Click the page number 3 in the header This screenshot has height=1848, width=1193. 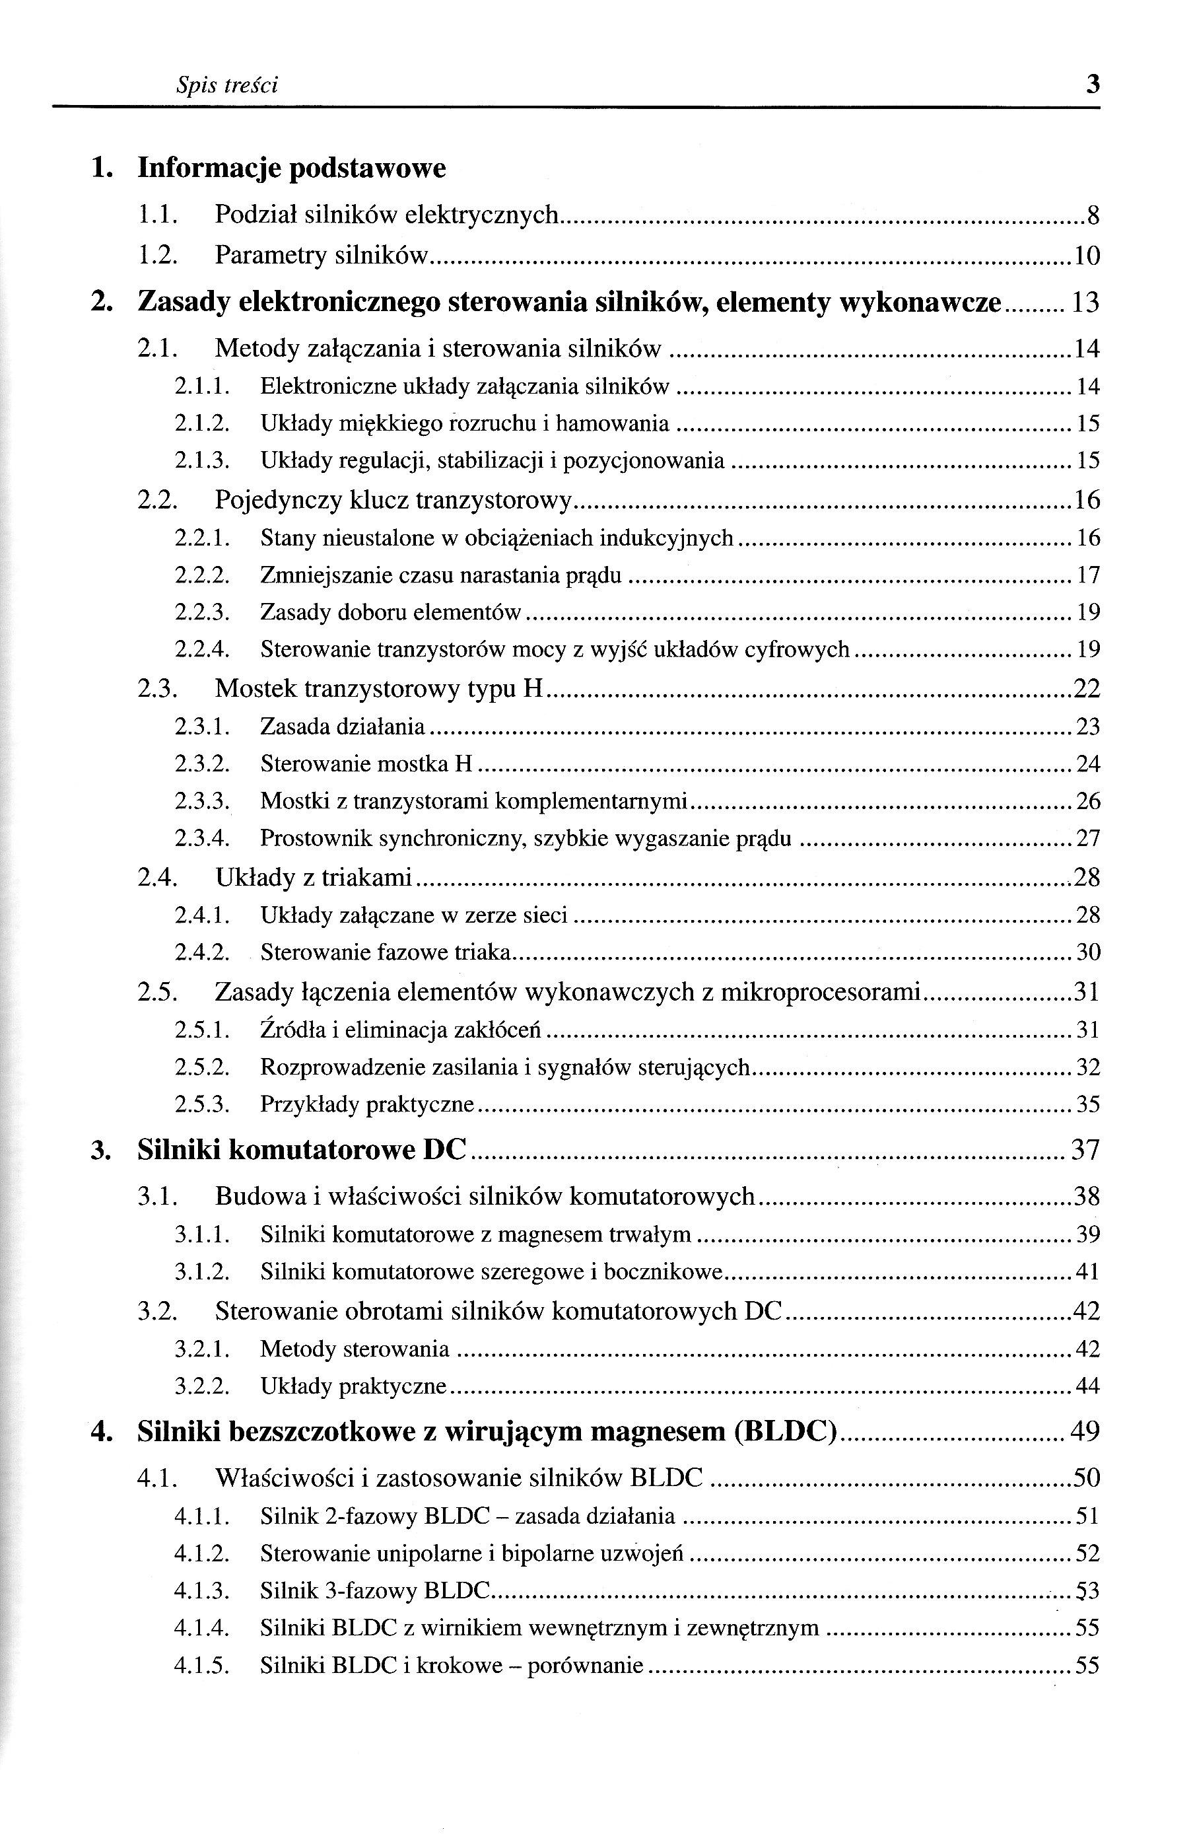point(1092,84)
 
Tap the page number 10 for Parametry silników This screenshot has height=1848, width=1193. point(1087,256)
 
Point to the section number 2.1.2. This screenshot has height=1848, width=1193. point(202,424)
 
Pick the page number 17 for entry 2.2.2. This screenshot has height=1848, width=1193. point(1089,575)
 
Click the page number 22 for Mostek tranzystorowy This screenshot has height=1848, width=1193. point(1086,688)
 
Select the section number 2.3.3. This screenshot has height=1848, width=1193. point(202,801)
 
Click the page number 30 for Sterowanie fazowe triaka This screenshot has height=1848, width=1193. point(1089,952)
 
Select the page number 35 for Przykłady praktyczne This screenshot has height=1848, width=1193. point(1089,1104)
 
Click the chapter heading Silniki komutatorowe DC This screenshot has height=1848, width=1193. point(302,1151)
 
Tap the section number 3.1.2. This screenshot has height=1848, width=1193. point(202,1271)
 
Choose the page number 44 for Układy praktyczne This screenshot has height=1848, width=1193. point(1089,1386)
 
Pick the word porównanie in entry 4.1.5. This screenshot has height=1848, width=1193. point(585,1665)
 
